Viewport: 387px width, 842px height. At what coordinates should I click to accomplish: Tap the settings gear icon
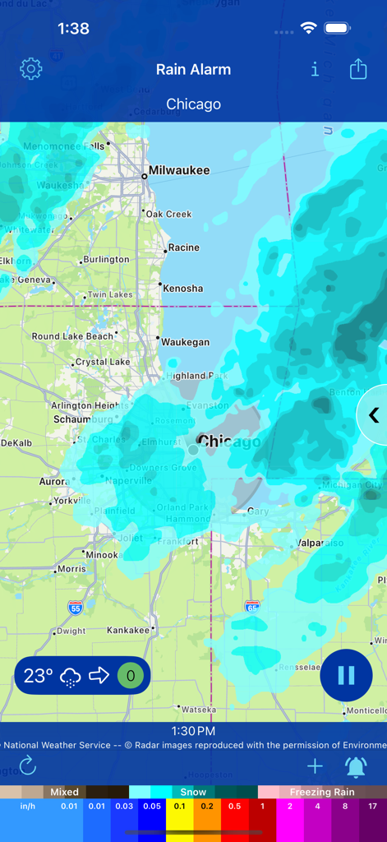[31, 69]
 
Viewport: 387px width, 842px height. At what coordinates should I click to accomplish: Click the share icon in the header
[358, 69]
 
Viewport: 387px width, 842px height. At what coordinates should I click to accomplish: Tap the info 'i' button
[315, 69]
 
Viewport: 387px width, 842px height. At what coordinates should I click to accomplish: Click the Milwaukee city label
[178, 171]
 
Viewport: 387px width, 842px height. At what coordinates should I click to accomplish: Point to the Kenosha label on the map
[182, 289]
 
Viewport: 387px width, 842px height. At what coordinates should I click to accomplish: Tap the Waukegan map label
[185, 342]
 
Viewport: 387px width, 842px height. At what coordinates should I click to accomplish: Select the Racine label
[184, 248]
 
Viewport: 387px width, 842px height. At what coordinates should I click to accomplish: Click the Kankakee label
[128, 631]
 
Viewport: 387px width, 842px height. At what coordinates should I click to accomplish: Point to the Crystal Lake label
[103, 362]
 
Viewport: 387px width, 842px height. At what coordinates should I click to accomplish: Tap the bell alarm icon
[356, 767]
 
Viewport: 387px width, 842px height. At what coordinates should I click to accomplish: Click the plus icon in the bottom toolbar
[315, 767]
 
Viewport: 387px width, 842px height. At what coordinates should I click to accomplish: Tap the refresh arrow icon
[28, 767]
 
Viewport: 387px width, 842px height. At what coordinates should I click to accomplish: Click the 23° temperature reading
[38, 676]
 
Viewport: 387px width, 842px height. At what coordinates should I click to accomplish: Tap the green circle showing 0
[130, 676]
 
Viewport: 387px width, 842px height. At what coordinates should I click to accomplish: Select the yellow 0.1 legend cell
[178, 807]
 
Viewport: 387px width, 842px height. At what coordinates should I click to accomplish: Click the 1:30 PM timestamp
[193, 731]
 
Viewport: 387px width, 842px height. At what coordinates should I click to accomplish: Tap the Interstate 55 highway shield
[75, 608]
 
